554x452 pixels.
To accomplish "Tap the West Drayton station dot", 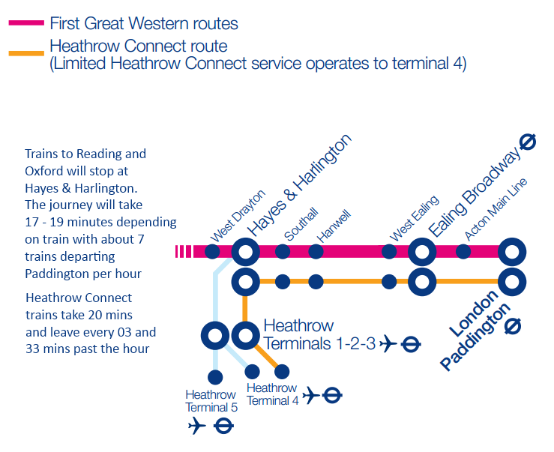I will tap(214, 251).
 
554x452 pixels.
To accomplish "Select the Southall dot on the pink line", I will tap(283, 251).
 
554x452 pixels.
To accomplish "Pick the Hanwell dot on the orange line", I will tap(316, 283).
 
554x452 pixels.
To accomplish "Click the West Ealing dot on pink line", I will tap(389, 251).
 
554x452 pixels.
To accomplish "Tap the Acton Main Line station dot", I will tap(464, 251).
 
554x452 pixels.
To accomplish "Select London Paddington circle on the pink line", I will tap(513, 251).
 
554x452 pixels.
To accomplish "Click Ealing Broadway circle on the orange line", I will tap(422, 283).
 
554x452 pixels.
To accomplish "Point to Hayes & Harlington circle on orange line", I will tap(245, 283).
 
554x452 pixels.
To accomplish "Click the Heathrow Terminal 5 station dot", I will tap(215, 376).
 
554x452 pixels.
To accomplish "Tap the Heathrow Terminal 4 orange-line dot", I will tap(283, 371).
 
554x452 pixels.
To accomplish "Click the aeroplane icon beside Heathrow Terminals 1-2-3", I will tap(388, 345).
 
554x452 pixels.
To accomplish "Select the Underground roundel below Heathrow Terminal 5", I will tap(223, 427).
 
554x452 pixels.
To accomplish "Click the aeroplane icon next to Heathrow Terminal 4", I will tap(310, 395).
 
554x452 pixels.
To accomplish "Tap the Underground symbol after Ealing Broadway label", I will tap(528, 141).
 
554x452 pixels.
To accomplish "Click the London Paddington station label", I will tap(475, 330).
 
